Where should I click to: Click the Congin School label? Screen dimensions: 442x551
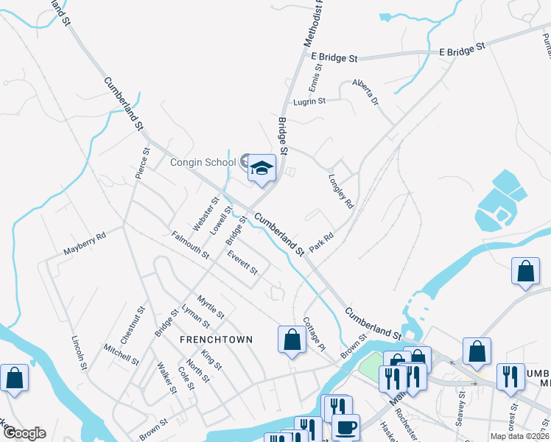pyautogui.click(x=203, y=162)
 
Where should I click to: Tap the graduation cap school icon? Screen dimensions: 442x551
pyautogui.click(x=261, y=169)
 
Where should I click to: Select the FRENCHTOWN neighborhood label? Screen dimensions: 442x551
pyautogui.click(x=217, y=340)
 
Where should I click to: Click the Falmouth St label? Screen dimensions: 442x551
pyautogui.click(x=191, y=245)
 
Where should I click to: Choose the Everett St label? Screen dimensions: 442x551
pyautogui.click(x=242, y=263)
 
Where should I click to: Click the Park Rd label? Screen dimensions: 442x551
pyautogui.click(x=322, y=243)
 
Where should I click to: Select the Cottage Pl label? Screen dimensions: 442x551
pyautogui.click(x=313, y=334)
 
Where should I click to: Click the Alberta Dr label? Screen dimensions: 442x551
pyautogui.click(x=365, y=91)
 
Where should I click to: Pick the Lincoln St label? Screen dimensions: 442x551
pyautogui.click(x=79, y=352)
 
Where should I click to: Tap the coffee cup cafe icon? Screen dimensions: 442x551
pyautogui.click(x=345, y=427)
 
